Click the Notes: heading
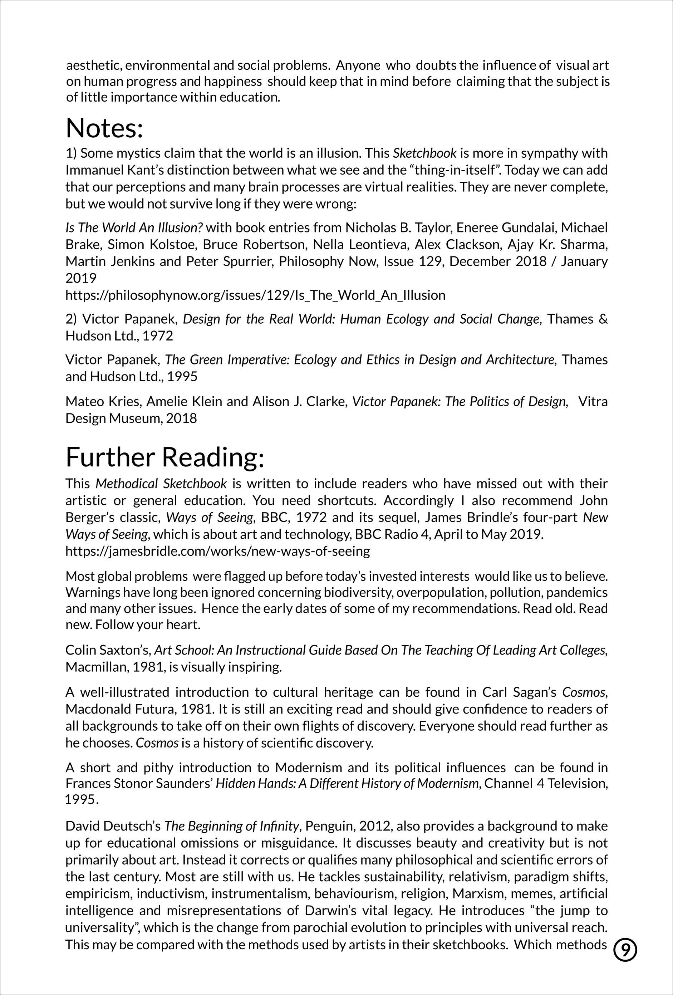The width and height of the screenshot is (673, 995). pyautogui.click(x=104, y=128)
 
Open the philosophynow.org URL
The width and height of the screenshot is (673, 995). pyautogui.click(x=255, y=295)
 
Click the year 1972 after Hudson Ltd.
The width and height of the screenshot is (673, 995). pyautogui.click(x=158, y=336)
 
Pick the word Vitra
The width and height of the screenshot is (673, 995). pyautogui.click(x=593, y=401)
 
